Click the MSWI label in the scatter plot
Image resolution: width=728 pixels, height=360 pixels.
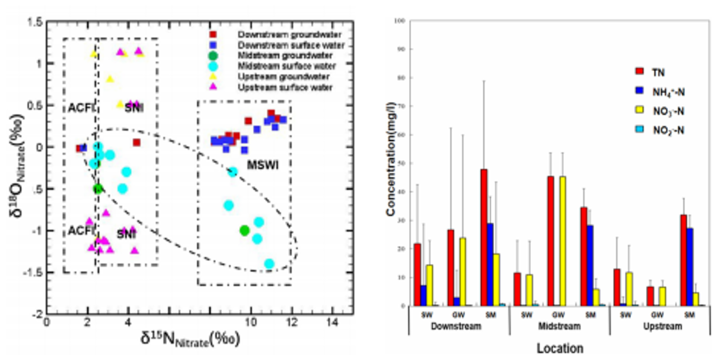click(263, 165)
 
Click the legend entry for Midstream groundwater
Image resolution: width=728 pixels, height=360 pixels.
click(285, 56)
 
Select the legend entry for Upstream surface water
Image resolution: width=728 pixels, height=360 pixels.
click(285, 87)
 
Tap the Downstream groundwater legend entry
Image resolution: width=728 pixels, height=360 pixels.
click(289, 35)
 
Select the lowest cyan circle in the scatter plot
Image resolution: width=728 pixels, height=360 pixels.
click(269, 264)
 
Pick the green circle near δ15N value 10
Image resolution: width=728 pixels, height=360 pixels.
click(245, 231)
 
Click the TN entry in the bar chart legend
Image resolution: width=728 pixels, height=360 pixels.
click(658, 72)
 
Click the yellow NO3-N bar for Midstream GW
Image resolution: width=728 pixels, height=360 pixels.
click(563, 241)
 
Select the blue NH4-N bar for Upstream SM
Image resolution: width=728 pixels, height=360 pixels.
click(689, 267)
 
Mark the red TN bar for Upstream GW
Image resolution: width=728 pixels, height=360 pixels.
click(650, 296)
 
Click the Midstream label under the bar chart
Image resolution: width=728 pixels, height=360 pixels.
click(559, 326)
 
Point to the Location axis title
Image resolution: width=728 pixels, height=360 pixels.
click(560, 348)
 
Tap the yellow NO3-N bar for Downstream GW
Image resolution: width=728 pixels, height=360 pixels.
click(463, 272)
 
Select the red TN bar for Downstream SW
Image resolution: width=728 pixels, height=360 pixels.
click(417, 274)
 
